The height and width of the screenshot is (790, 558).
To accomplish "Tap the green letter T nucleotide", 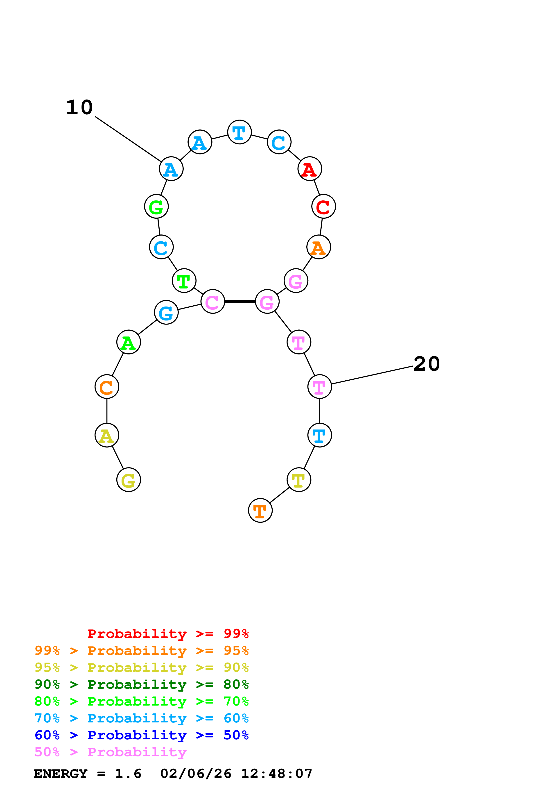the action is point(184,281).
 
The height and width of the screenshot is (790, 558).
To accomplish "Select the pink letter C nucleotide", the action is point(212,302).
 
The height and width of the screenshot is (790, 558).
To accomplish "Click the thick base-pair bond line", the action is point(240,301).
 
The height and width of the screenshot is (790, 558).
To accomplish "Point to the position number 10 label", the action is point(80,107).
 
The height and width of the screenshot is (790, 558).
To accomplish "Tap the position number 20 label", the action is point(426,364).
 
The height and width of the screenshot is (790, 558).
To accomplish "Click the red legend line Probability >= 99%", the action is point(168,634).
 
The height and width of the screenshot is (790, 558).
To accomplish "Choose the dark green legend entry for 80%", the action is point(141,685).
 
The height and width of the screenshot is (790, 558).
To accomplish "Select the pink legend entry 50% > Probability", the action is point(110,752).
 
